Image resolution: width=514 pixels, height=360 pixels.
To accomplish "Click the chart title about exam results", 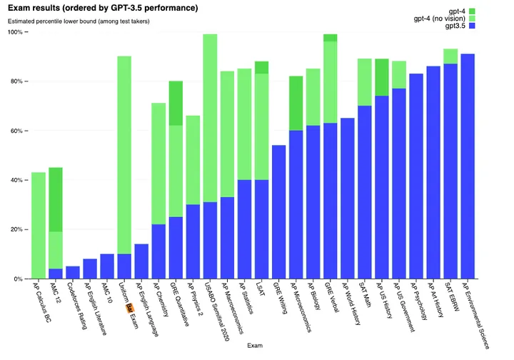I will tap(103, 7).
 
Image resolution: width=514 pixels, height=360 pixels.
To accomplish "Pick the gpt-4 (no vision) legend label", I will tap(458, 17).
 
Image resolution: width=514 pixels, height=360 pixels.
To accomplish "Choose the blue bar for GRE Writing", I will tap(279, 211).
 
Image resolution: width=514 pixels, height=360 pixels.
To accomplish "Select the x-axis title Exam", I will tap(254, 345).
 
